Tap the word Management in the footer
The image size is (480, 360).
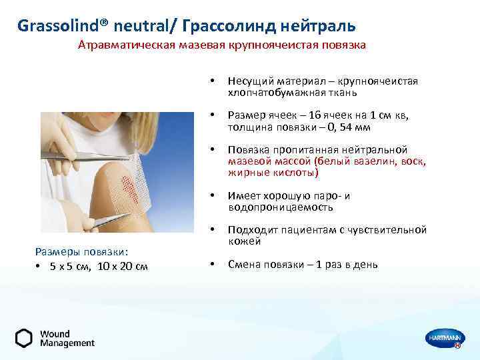pyautogui.click(x=67, y=343)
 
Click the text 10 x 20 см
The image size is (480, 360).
pyautogui.click(x=123, y=267)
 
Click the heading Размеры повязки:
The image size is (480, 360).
pyautogui.click(x=81, y=252)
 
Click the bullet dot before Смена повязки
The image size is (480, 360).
pyautogui.click(x=211, y=265)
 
